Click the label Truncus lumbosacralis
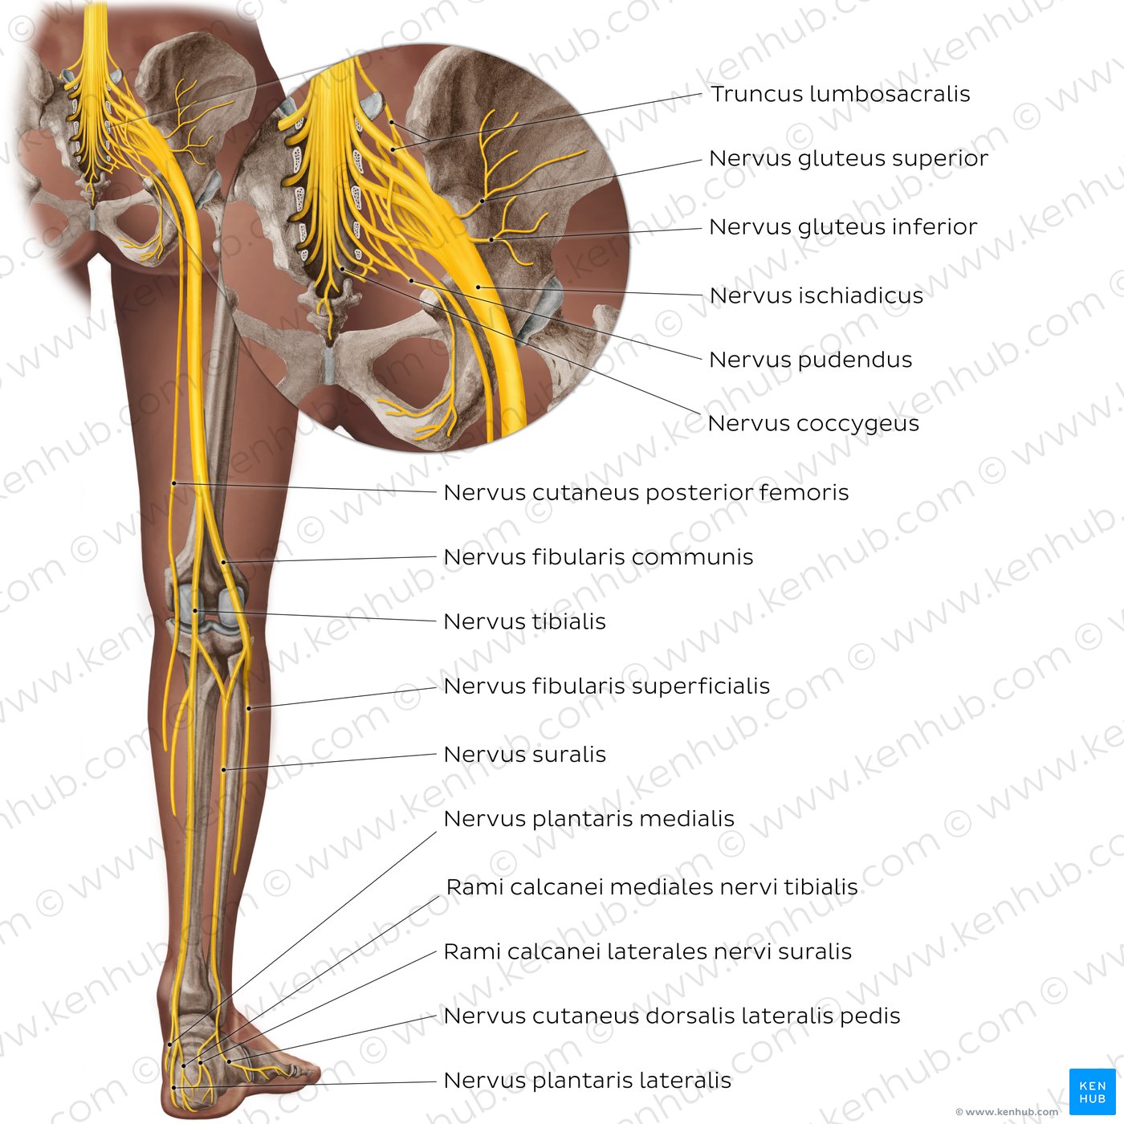(x=840, y=94)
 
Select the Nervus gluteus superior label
(x=849, y=159)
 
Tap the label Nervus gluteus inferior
(x=843, y=227)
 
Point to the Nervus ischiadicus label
(x=816, y=295)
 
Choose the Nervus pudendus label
(x=810, y=360)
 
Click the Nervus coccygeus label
(x=813, y=423)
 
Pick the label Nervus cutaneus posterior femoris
(x=645, y=492)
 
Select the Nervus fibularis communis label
(x=598, y=557)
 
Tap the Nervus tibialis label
(x=524, y=621)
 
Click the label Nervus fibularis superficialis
(x=607, y=686)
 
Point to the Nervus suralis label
(x=524, y=754)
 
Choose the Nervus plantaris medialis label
(x=588, y=818)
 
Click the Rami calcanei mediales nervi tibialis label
(x=652, y=886)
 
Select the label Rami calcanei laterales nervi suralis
(x=647, y=951)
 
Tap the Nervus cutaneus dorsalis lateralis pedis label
(x=672, y=1016)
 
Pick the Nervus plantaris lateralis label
(x=588, y=1081)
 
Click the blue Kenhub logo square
(x=1092, y=1092)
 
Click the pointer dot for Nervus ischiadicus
(x=479, y=287)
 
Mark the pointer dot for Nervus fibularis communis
(x=224, y=562)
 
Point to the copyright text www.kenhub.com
(x=1007, y=1112)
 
